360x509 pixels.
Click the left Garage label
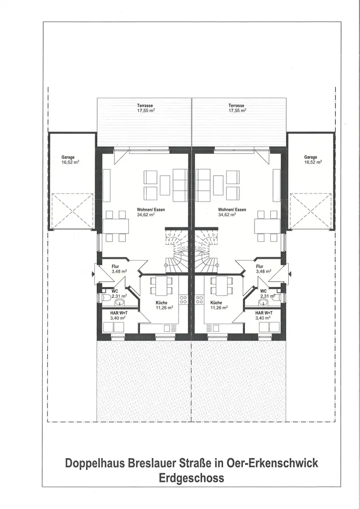coord(68,157)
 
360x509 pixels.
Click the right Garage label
coord(311,157)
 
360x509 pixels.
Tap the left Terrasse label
coord(145,106)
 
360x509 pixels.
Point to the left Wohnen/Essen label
coord(151,210)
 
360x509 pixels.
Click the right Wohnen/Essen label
coord(232,210)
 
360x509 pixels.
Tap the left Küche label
coord(161,303)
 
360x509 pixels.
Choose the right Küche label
coord(216,303)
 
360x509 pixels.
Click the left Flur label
coord(115,267)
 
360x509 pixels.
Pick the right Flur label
coord(260,267)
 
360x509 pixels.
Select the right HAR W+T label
coord(264,313)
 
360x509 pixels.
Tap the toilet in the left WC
coord(105,298)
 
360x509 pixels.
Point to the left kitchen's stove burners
coord(183,299)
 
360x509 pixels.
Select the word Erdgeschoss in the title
coord(191,478)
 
